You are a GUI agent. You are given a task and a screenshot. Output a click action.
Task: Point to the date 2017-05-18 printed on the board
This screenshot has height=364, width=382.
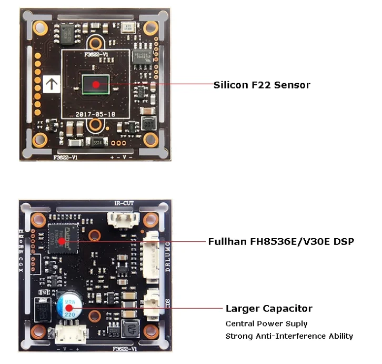(95, 113)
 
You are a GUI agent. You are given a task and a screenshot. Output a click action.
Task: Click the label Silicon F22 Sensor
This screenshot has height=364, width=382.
(262, 84)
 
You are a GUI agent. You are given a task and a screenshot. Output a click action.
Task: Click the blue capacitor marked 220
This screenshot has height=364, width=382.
(68, 307)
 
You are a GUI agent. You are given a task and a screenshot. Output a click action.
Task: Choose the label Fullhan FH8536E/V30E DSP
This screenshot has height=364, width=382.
(281, 241)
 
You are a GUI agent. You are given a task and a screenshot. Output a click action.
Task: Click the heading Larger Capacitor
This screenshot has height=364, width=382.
(269, 309)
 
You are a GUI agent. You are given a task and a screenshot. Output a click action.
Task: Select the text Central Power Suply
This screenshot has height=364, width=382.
(266, 323)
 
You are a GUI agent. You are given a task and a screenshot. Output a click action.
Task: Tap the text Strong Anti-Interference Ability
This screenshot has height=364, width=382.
(289, 336)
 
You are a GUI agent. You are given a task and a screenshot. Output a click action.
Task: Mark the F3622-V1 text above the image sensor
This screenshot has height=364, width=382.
(95, 53)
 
